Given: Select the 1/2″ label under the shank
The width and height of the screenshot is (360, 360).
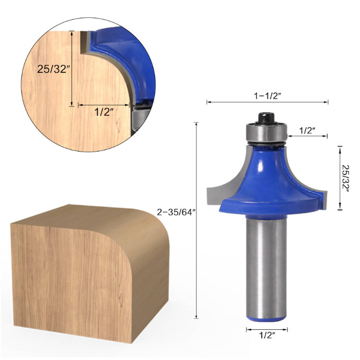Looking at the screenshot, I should (266, 336).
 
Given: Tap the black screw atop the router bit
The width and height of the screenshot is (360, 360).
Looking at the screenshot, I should (266, 117).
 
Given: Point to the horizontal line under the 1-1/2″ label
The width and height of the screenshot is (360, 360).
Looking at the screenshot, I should (267, 102).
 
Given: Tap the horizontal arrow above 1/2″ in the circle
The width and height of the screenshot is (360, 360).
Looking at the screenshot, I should (104, 105).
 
